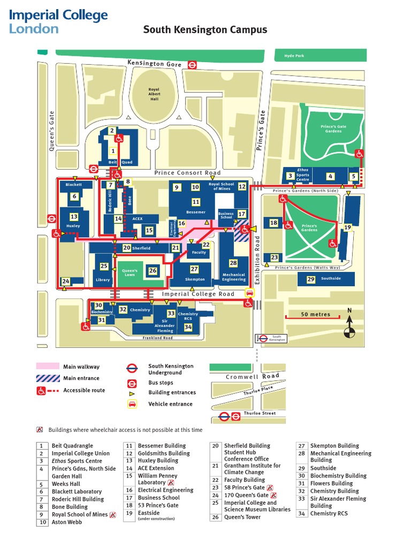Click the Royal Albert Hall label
[154, 94]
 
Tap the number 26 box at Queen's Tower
[153, 271]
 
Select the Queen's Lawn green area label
[130, 273]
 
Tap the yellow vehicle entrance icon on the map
[249, 293]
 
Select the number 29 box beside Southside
[311, 279]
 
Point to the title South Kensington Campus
[205, 30]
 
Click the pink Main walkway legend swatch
[47, 367]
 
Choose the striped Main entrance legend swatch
[47, 378]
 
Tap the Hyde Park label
[294, 56]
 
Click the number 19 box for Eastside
[347, 227]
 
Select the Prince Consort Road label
[187, 173]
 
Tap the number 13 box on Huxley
[74, 217]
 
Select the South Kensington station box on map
[272, 338]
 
